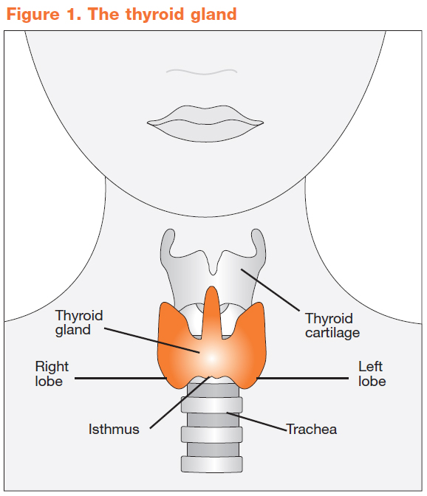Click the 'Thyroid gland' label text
point(79,323)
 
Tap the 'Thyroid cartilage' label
point(332,325)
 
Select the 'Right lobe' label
point(52,373)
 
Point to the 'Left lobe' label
point(372,373)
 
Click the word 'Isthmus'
point(114,430)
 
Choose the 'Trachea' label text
point(312,430)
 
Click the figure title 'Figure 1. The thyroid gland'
point(122,15)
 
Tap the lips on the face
point(205,123)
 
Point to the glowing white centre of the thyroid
point(211,359)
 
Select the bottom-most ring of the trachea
point(212,464)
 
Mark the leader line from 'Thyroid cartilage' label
point(270,290)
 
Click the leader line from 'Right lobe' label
point(120,378)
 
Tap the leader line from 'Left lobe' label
point(302,378)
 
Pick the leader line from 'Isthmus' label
point(180,402)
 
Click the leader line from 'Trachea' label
point(256,421)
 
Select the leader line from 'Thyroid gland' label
point(152,340)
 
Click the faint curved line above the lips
point(202,72)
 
